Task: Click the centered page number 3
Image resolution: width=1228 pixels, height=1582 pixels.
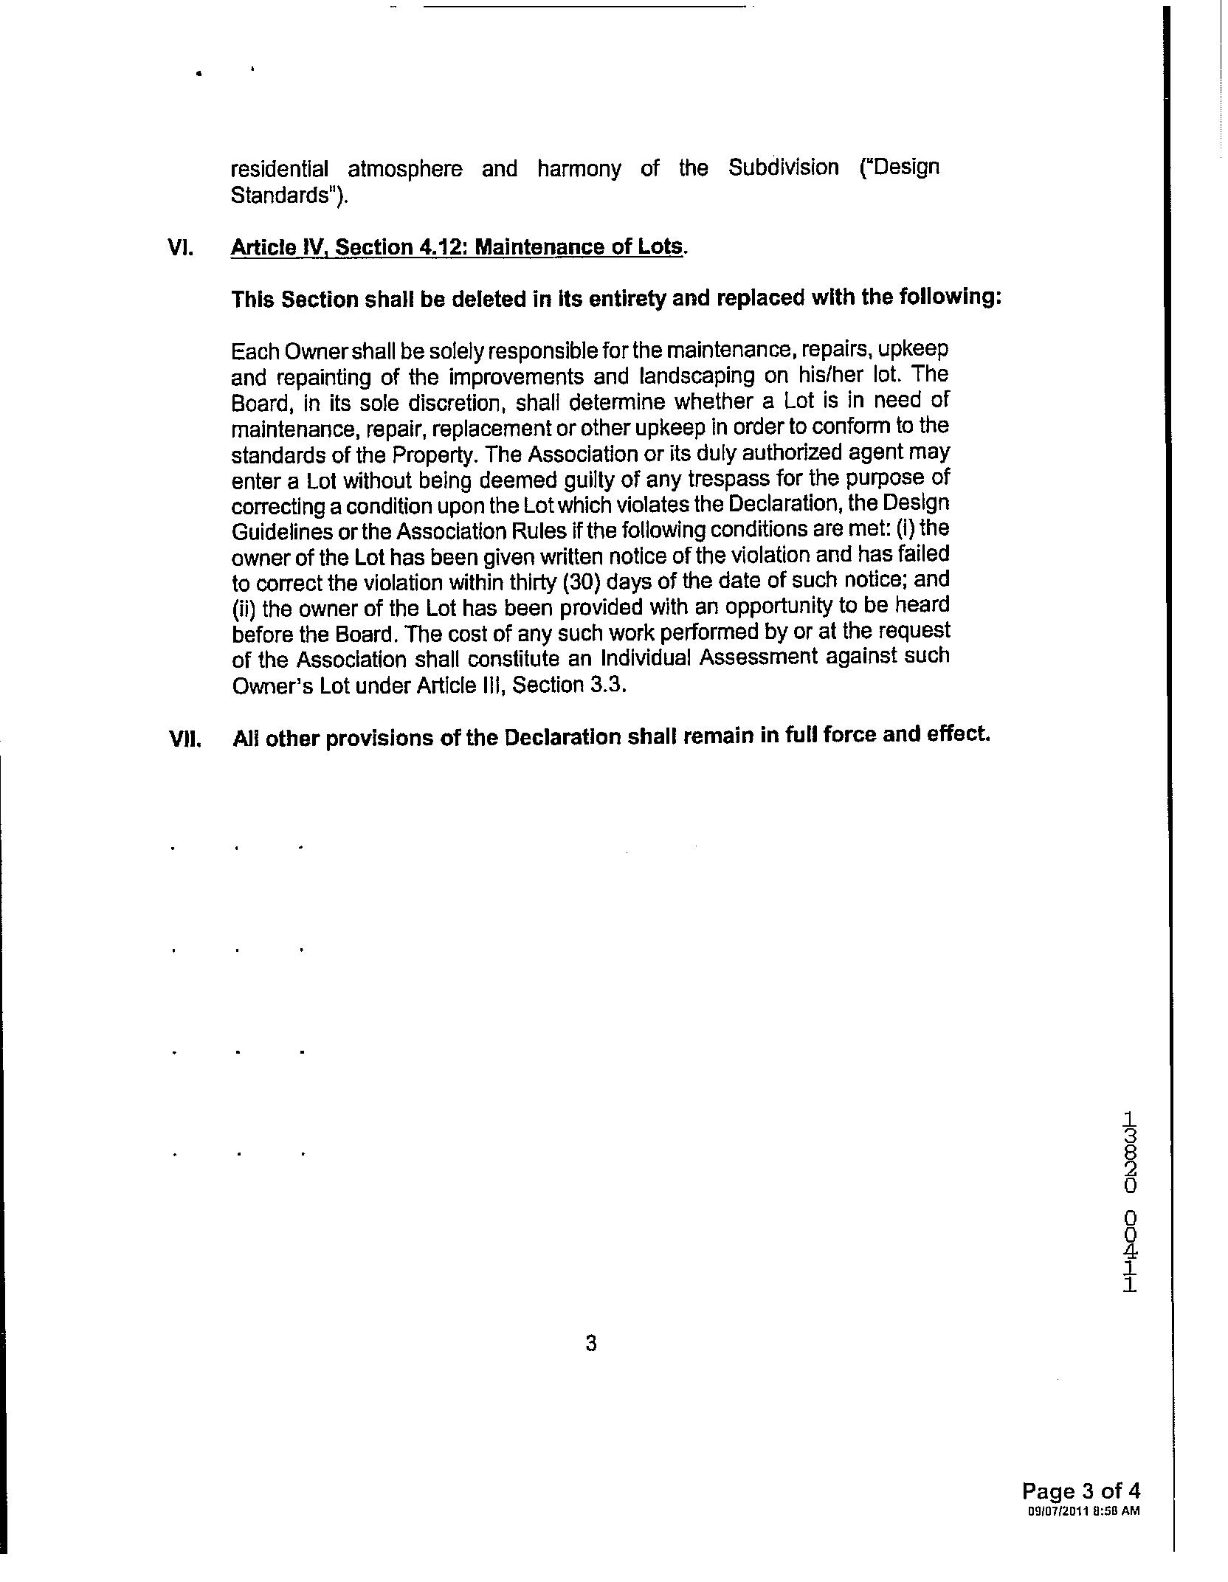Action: point(590,1344)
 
